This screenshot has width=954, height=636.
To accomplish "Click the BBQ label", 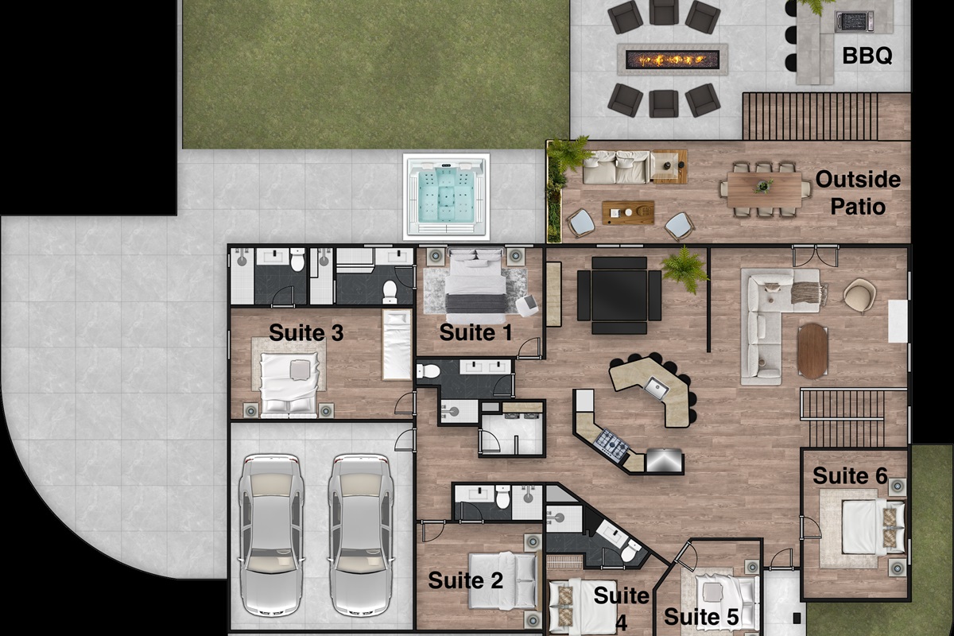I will tap(867, 56).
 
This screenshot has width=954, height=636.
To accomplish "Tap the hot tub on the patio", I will tap(446, 196).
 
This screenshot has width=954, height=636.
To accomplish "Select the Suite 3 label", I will tap(306, 332).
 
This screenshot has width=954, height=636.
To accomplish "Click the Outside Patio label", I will tap(858, 192).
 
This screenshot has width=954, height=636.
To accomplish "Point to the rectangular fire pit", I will tap(672, 59).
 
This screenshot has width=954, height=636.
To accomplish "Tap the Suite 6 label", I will tap(850, 475).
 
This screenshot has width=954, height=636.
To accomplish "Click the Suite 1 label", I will tap(475, 332).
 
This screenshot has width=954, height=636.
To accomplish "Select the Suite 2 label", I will tap(465, 580).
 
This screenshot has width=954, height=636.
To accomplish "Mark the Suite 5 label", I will tap(701, 616).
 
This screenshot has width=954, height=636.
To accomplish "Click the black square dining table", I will tap(619, 295).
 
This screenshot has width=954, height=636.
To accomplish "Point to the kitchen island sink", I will tap(657, 388).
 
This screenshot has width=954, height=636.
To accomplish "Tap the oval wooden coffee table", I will tap(812, 351).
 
